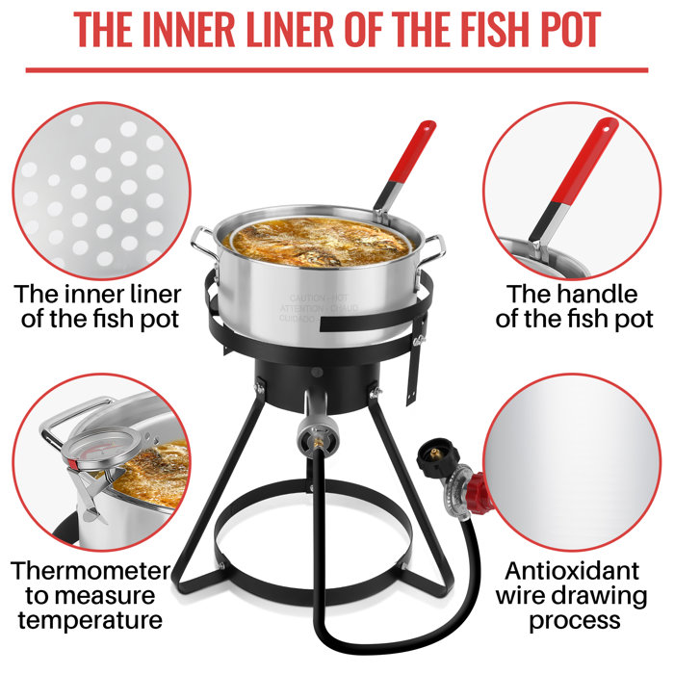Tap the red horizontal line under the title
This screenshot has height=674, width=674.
coord(336,69)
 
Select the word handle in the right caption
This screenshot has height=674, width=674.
coord(596,294)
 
